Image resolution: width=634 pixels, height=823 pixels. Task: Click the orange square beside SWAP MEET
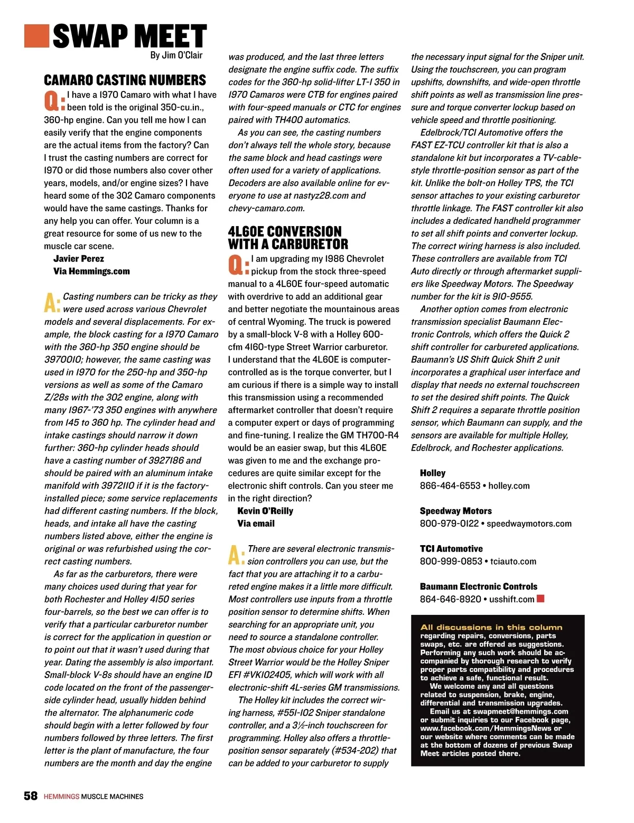36,35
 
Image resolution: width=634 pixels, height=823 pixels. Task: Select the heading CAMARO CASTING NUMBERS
125,80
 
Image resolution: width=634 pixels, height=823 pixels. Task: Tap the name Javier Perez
79,258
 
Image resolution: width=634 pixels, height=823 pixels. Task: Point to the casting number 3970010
63,360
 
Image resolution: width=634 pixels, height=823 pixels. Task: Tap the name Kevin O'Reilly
265,511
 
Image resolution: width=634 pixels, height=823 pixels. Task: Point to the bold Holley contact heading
433,473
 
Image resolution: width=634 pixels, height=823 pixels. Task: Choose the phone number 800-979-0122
449,523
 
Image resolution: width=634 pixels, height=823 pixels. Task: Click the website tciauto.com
513,562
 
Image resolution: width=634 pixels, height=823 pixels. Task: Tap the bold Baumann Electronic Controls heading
478,586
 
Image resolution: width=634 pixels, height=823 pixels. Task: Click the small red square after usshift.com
540,598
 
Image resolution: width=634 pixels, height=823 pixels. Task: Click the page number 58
31,796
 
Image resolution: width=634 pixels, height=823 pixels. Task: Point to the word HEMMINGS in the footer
61,797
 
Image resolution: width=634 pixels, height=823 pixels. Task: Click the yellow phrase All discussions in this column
491,628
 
